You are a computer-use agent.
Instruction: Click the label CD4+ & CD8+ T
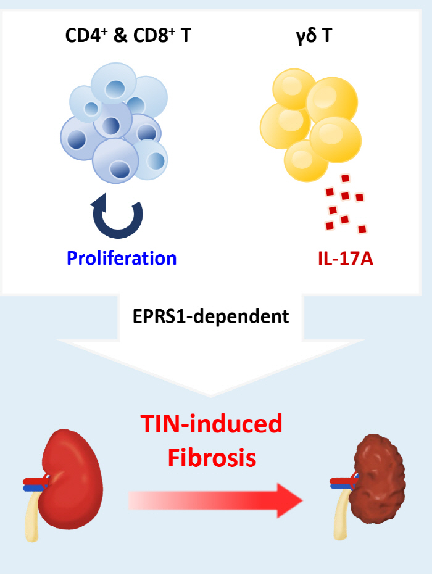[128, 36]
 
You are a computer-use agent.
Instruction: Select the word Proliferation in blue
[122, 257]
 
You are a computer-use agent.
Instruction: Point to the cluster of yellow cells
[312, 120]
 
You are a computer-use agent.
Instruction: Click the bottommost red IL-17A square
[362, 230]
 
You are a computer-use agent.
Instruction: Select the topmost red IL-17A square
[346, 178]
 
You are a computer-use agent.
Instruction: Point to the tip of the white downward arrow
[212, 395]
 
